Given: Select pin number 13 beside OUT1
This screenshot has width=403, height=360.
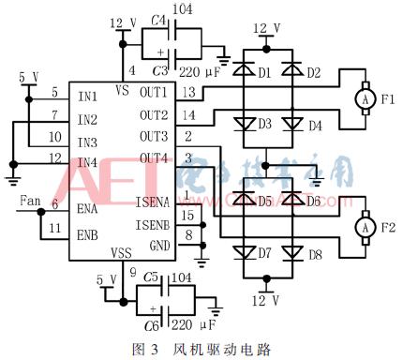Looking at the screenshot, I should click(188, 91).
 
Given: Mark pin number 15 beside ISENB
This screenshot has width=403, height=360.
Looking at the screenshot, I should click(188, 215).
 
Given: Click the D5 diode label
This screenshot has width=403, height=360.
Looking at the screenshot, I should click(265, 202).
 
